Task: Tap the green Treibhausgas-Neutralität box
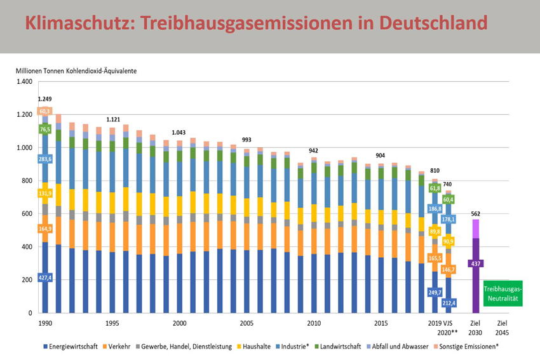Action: pyautogui.click(x=503, y=293)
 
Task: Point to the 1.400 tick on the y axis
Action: pyautogui.click(x=24, y=82)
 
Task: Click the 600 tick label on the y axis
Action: pyautogui.click(x=26, y=214)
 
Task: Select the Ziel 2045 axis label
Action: pyautogui.click(x=502, y=328)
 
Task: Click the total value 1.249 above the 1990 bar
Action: pyautogui.click(x=45, y=100)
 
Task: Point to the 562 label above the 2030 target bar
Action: pyautogui.click(x=475, y=214)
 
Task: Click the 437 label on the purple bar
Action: pyautogui.click(x=475, y=263)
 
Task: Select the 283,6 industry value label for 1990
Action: pyautogui.click(x=45, y=159)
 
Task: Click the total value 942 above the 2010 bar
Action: pyautogui.click(x=314, y=150)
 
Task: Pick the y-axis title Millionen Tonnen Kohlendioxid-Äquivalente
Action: pyautogui.click(x=76, y=71)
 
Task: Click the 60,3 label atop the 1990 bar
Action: pyautogui.click(x=45, y=111)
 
